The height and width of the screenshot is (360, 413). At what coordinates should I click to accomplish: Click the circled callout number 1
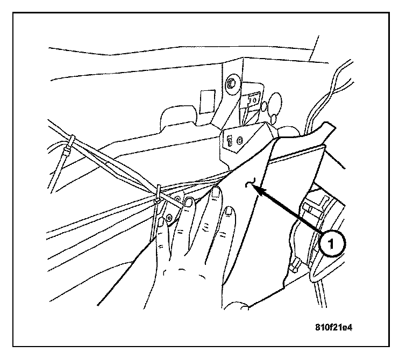click(332, 243)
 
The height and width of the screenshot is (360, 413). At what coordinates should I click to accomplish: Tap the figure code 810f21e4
click(337, 326)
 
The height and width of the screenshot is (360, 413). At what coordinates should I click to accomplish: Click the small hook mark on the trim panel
click(249, 184)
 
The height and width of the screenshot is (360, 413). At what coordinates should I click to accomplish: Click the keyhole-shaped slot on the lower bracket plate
click(230, 141)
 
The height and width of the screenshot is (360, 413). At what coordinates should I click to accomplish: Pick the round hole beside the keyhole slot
click(239, 141)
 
